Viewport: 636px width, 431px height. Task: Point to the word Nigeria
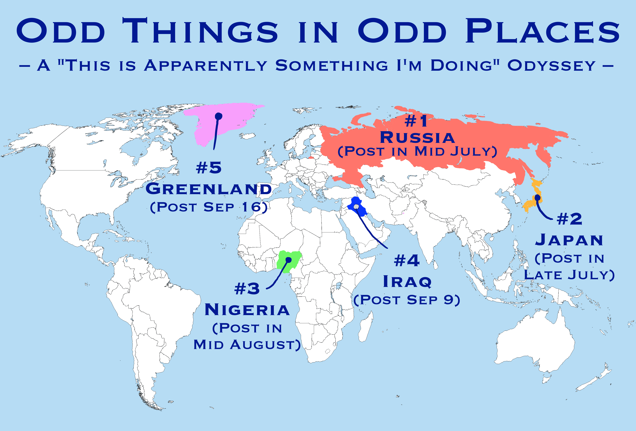tap(247, 310)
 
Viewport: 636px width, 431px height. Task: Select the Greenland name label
tap(209, 189)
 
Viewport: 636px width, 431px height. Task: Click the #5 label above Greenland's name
tap(209, 167)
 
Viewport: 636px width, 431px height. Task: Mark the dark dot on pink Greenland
tap(218, 116)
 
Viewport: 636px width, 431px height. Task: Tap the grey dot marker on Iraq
tap(356, 207)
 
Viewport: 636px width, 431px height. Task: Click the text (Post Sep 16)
tap(209, 207)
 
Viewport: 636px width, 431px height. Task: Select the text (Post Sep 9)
tap(407, 300)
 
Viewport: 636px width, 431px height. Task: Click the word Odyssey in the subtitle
tap(552, 66)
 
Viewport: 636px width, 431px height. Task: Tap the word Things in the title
tap(200, 31)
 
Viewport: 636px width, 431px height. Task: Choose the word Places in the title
tap(542, 31)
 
